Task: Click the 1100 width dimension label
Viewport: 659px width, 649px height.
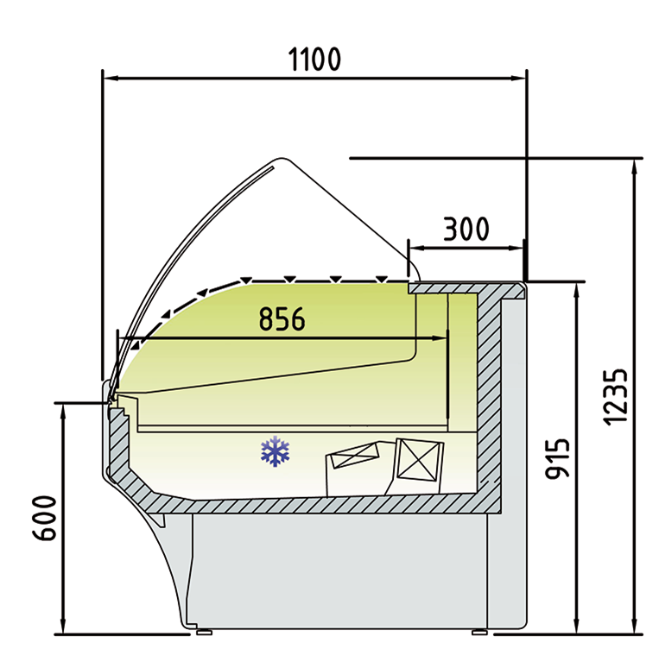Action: [314, 60]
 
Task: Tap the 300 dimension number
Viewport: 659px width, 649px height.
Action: [466, 229]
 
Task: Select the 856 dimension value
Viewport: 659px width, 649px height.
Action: [282, 318]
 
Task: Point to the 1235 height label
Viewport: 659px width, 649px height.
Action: [616, 397]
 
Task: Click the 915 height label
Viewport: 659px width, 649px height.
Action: [557, 458]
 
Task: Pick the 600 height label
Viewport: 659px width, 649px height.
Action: [44, 518]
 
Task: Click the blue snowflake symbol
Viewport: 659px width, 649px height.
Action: [276, 451]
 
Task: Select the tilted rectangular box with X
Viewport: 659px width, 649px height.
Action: [354, 455]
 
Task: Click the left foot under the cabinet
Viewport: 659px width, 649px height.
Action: [204, 632]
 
